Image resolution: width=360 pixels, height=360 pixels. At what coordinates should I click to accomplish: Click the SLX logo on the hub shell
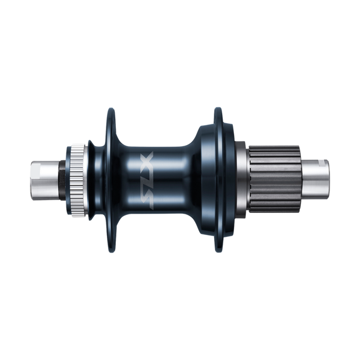[147, 180]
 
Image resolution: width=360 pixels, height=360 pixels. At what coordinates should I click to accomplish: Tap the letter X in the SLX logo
[147, 160]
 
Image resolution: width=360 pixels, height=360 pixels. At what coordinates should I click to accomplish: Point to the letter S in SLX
[147, 199]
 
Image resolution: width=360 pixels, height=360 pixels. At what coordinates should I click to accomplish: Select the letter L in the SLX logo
[147, 179]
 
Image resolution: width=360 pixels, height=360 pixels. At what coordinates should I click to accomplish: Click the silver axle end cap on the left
[45, 180]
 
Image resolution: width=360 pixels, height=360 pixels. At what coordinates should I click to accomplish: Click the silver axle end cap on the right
[315, 180]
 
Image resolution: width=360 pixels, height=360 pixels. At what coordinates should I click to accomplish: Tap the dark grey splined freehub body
[275, 179]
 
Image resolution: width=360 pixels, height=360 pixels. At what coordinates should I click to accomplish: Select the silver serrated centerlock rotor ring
[78, 180]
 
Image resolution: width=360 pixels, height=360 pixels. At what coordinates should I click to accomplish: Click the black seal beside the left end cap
[62, 180]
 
